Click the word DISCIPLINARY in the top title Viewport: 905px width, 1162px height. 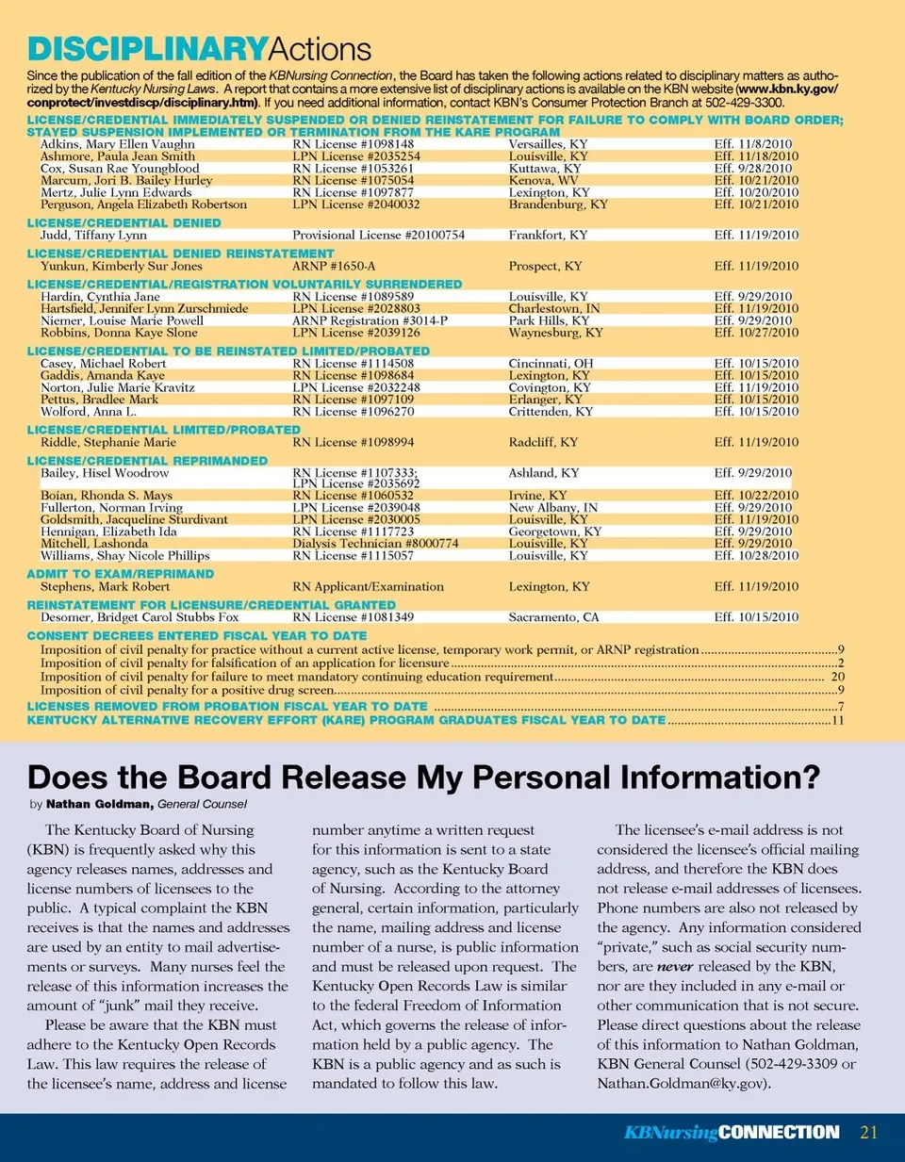point(148,49)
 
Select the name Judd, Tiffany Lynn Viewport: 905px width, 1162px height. point(93,235)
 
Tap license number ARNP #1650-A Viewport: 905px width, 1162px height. point(334,266)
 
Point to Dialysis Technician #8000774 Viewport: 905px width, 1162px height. point(375,544)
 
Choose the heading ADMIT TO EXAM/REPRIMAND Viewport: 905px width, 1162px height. point(121,574)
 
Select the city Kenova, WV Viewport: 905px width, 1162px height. point(543,180)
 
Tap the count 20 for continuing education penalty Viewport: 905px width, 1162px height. point(837,677)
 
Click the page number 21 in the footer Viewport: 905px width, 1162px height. point(868,1133)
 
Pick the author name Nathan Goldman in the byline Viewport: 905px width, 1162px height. point(99,804)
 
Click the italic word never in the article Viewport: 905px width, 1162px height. point(675,966)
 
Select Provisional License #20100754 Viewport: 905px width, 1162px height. point(378,235)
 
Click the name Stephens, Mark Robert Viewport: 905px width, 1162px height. point(106,586)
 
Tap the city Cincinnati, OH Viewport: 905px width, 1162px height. point(551,364)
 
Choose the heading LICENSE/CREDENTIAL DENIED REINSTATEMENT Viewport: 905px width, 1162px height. point(180,254)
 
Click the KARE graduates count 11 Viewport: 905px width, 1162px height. point(837,720)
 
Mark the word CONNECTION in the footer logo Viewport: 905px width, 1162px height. point(779,1133)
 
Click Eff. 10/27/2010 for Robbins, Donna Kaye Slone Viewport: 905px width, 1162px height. point(756,333)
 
